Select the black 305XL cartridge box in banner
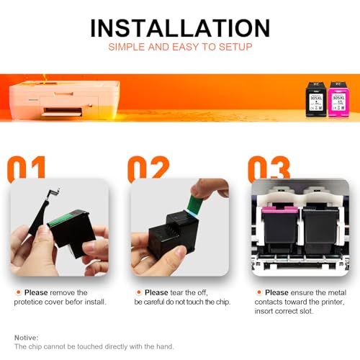click(315, 99)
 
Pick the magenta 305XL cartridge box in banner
click(337, 99)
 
